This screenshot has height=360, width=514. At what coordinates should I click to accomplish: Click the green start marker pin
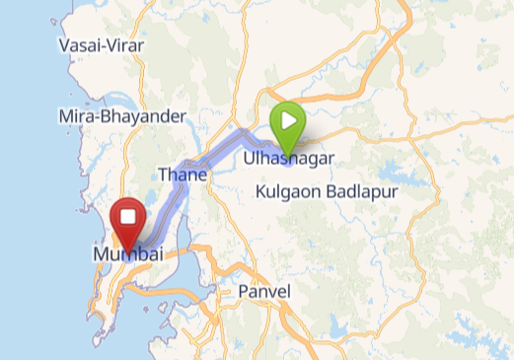point(287,123)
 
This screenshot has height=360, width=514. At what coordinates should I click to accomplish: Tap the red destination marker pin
point(127,221)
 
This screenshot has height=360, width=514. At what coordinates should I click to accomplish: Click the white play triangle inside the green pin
point(288,120)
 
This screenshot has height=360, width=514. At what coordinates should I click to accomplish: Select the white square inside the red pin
point(127,216)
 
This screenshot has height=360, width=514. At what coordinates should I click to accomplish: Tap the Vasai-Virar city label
point(102,46)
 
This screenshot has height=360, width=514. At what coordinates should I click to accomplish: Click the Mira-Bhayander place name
point(122,116)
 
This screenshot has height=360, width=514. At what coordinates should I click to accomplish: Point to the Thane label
point(183,176)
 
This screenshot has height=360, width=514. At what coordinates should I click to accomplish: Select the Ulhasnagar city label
point(284,158)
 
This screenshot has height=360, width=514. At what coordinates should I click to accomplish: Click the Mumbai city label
point(127,254)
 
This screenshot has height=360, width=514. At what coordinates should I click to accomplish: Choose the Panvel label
point(264,292)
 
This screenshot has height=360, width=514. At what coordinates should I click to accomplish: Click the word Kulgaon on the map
point(288,192)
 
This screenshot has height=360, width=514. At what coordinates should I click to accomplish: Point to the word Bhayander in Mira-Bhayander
point(142,116)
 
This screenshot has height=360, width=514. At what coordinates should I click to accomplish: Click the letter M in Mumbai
point(101,254)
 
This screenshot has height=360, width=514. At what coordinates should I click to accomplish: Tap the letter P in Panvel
point(244,292)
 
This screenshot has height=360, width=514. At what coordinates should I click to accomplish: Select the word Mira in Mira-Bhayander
point(75,116)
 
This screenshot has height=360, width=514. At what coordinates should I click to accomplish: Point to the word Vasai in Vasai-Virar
point(78,46)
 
